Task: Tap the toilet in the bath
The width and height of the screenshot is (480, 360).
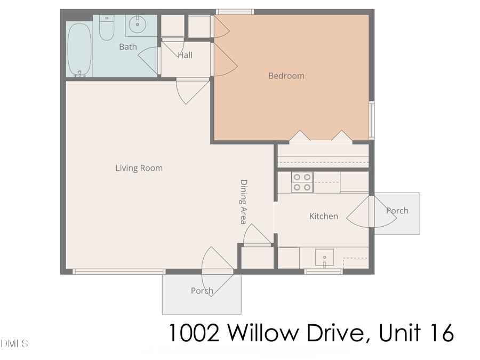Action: point(107,28)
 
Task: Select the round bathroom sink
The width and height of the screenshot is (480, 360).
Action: point(138,23)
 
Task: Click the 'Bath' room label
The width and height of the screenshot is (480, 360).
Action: point(128,47)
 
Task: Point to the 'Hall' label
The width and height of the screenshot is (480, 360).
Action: point(185,55)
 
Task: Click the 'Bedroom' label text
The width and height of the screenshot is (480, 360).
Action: point(286,76)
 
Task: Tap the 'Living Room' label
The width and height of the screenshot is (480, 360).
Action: point(139,168)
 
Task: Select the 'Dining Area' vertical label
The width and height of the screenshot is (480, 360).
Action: point(244,202)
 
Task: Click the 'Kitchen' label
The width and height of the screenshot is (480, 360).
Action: point(324,216)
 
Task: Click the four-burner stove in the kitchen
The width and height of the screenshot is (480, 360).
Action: point(302,182)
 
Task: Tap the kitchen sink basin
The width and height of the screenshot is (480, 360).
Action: point(324,258)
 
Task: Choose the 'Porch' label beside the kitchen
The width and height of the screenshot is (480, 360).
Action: point(397,211)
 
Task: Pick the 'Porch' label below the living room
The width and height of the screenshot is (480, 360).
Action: point(202,291)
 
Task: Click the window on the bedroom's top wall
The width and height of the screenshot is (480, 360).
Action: point(235,12)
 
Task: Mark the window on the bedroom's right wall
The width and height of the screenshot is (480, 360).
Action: point(371,119)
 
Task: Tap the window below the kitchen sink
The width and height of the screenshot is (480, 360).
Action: point(323,271)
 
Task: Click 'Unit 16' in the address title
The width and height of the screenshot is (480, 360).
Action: point(417,333)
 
